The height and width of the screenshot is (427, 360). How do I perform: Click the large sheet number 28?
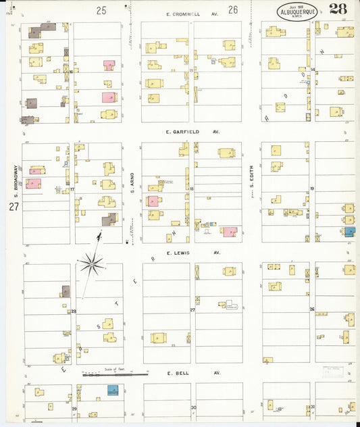coord(339,9)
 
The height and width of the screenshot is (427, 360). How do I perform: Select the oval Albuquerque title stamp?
coord(297,11)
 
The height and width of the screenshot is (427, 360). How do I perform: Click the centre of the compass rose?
coord(92,263)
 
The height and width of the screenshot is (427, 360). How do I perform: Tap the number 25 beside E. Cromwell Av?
coord(101,9)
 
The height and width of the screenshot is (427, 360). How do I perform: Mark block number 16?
coord(70,71)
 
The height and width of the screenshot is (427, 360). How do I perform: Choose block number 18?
coord(192,189)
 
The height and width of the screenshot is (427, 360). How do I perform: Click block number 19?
coord(312,189)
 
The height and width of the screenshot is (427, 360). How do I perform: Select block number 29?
coord(74,409)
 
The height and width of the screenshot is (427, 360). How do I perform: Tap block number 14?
coord(313,70)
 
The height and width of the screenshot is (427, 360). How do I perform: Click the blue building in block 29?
coord(113,390)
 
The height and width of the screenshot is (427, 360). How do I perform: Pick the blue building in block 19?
coord(350,231)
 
